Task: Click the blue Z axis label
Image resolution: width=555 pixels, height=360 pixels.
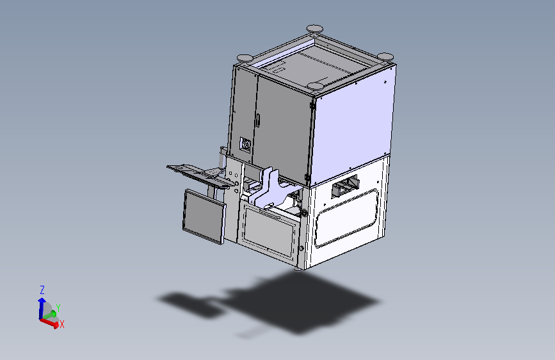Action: [42, 290]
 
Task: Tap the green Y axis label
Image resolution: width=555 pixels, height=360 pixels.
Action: [58, 308]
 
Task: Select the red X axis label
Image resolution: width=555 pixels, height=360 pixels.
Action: [62, 324]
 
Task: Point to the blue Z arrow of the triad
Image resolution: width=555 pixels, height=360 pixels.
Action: [42, 307]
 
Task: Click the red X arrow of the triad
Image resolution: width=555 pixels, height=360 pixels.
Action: [49, 323]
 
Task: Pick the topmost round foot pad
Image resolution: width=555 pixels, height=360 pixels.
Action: [314, 29]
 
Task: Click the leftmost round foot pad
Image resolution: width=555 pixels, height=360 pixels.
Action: [245, 58]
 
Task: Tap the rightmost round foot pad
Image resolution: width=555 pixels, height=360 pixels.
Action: [385, 56]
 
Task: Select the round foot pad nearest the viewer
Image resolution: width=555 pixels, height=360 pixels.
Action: [315, 86]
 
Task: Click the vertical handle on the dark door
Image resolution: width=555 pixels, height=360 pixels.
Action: [259, 120]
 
